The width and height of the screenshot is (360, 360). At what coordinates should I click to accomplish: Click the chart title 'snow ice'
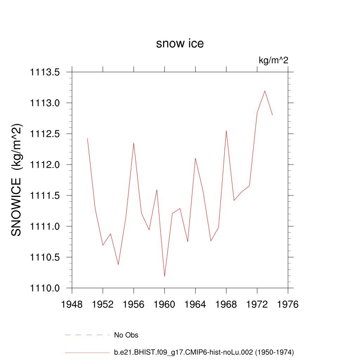coord(180,44)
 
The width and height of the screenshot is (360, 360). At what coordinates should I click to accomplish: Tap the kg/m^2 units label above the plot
coord(274,60)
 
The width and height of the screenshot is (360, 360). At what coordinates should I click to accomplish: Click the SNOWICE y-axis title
coord(17,180)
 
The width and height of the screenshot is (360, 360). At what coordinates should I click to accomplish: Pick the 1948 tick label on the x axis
coord(72,304)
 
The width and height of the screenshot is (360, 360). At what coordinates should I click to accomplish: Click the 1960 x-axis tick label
coord(165,304)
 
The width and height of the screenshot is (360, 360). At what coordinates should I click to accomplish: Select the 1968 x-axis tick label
coord(226,304)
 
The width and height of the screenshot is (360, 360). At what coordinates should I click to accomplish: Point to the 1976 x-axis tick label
coord(288,304)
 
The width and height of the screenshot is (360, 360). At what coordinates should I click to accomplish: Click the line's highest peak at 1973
coord(265,91)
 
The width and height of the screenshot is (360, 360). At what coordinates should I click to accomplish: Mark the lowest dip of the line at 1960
coord(165,276)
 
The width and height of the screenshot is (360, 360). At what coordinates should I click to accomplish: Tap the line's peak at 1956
coord(134,143)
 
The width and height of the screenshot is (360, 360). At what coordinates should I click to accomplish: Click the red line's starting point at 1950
coord(88,138)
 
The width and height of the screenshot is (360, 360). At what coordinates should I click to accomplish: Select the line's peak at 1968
coord(226,131)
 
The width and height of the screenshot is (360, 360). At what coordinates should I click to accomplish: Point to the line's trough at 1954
coord(118,265)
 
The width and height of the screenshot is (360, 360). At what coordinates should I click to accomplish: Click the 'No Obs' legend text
coord(126,335)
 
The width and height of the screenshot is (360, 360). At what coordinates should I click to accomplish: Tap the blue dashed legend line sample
coord(87,335)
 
